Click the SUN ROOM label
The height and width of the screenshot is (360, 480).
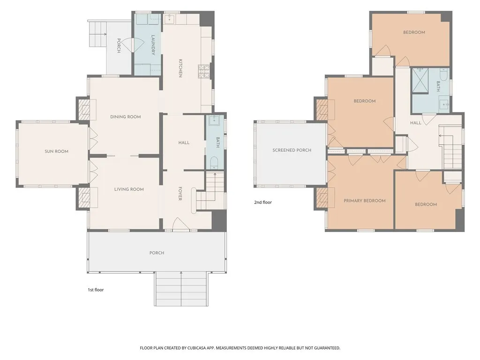pyautogui.click(x=56, y=151)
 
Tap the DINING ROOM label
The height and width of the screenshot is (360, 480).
pyautogui.click(x=126, y=117)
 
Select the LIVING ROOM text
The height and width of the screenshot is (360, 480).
pyautogui.click(x=129, y=189)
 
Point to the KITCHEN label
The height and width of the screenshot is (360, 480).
pyautogui.click(x=180, y=68)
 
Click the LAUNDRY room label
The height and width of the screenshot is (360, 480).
pyautogui.click(x=153, y=45)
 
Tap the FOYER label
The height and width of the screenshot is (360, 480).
pyautogui.click(x=180, y=194)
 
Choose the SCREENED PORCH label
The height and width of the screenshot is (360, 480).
pyautogui.click(x=292, y=150)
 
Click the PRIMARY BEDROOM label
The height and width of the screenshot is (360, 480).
pyautogui.click(x=365, y=201)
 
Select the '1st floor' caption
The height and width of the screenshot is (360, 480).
pyautogui.click(x=96, y=290)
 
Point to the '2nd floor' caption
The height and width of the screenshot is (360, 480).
pyautogui.click(x=263, y=202)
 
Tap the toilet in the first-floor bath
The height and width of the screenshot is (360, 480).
pyautogui.click(x=214, y=162)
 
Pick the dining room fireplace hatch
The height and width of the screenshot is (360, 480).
pyautogui.click(x=84, y=109)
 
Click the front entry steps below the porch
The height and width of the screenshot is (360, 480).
pyautogui.click(x=181, y=289)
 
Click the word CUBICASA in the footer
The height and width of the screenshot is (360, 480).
pyautogui.click(x=198, y=348)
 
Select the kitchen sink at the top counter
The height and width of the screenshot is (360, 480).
pyautogui.click(x=169, y=19)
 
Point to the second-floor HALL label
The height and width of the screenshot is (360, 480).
pyautogui.click(x=416, y=123)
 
